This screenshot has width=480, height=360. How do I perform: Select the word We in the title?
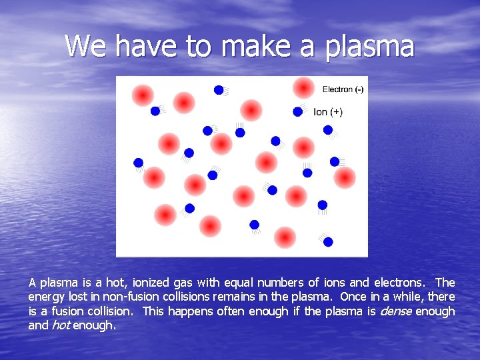point(87,46)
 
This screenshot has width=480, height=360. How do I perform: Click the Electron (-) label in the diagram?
point(343,89)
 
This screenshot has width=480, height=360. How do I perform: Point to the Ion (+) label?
point(328,112)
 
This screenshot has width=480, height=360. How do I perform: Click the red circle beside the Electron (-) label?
point(303,88)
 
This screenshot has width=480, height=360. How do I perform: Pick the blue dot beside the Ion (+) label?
point(297,112)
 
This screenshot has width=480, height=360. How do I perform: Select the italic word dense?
point(397,311)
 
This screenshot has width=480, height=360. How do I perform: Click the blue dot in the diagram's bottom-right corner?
point(328,241)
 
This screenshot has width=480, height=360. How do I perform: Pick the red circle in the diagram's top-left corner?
point(142,95)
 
